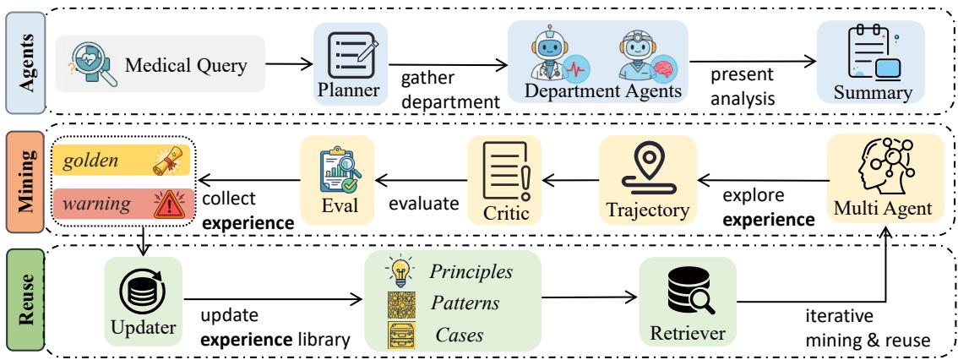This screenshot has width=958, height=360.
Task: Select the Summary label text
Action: click(x=873, y=93)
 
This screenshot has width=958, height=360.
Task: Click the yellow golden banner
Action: click(x=122, y=162)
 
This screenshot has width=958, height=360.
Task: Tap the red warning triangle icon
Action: click(x=170, y=205)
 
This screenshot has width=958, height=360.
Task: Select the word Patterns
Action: click(x=465, y=303)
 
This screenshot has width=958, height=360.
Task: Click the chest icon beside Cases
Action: click(x=400, y=335)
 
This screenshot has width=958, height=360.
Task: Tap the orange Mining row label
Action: click(x=25, y=181)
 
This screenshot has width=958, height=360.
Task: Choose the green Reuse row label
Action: click(x=25, y=299)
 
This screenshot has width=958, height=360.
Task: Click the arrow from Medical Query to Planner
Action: click(x=289, y=63)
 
